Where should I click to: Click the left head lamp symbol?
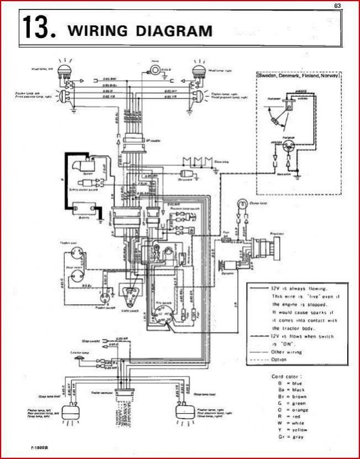(67, 70)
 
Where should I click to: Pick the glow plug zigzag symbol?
(197, 161)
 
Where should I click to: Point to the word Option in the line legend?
(280, 359)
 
